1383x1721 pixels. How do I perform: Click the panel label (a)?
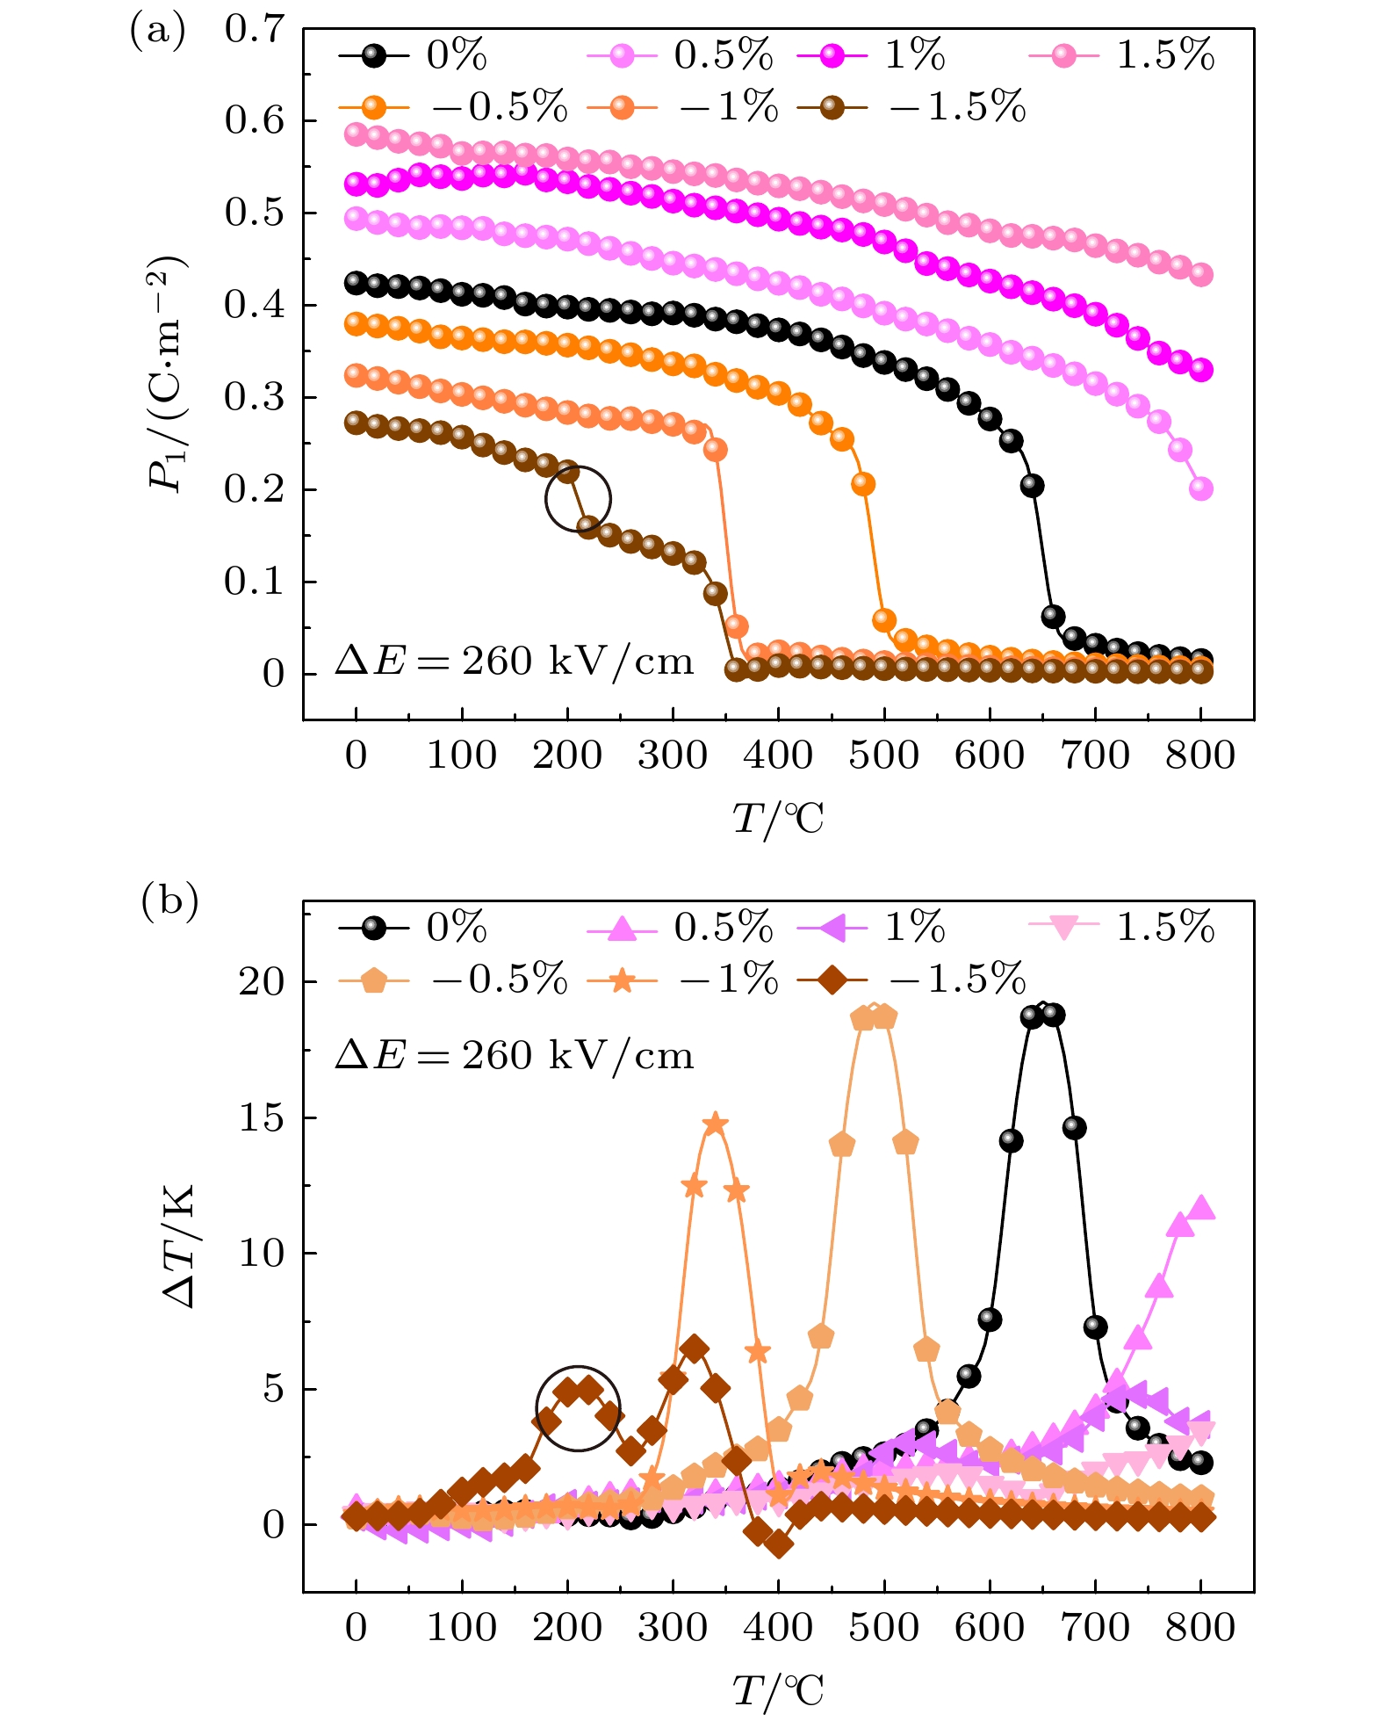click(x=158, y=33)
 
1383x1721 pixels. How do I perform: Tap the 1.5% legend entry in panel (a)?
click(x=1122, y=55)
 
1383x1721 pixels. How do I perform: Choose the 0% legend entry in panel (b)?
click(x=413, y=928)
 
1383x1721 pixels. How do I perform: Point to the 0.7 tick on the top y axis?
click(x=256, y=29)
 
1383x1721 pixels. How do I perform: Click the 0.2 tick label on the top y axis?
click(x=256, y=489)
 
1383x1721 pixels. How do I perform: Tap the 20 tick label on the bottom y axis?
click(x=263, y=982)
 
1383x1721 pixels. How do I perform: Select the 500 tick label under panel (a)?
click(x=883, y=756)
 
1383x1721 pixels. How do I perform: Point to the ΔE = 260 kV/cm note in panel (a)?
click(x=515, y=661)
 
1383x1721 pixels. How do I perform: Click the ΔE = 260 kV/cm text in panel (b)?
click(x=515, y=1054)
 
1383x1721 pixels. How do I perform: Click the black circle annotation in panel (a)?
click(x=578, y=499)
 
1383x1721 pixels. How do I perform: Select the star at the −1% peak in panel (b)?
click(x=716, y=1124)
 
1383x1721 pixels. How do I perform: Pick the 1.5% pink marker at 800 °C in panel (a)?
click(x=1201, y=275)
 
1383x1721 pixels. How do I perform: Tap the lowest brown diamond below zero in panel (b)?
click(x=778, y=1544)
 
